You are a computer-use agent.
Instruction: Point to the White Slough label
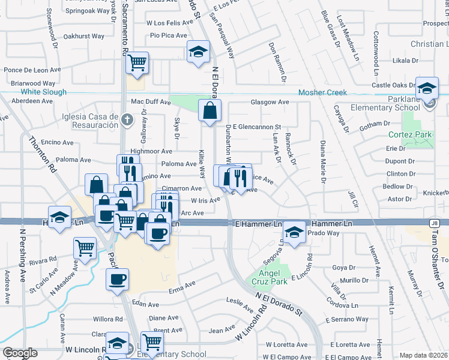(x=44, y=92)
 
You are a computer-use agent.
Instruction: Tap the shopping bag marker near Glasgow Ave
(x=209, y=111)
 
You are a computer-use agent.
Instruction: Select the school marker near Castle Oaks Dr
(x=426, y=88)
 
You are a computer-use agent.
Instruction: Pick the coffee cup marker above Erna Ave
(x=117, y=278)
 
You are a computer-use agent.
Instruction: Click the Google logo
(x=19, y=353)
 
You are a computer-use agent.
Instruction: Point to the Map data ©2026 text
(x=424, y=355)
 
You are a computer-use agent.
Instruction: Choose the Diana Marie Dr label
(x=322, y=161)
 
